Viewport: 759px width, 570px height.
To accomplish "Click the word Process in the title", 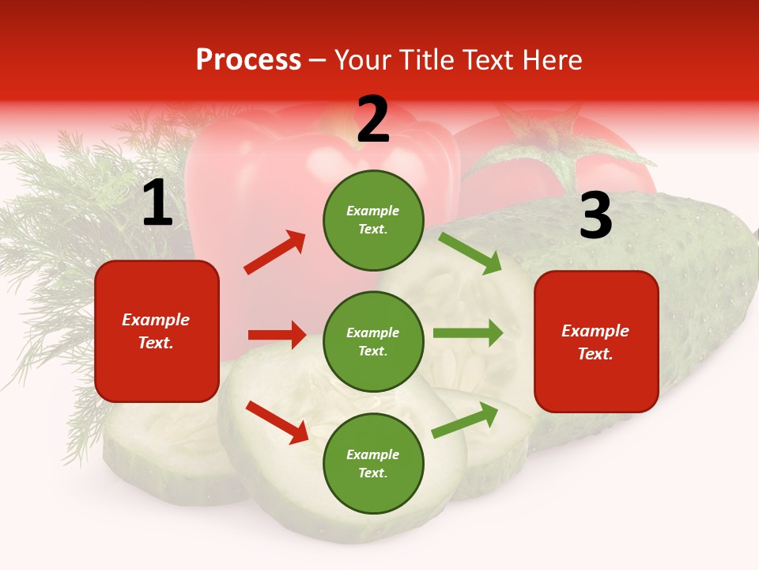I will (x=248, y=60).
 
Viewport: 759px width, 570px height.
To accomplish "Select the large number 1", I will (x=157, y=203).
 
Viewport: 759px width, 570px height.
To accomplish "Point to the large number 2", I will (x=373, y=120).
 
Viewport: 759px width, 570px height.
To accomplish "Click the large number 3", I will (x=595, y=216).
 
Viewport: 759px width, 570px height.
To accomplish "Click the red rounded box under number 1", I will (x=157, y=331).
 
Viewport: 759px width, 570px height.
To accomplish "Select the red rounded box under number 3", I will (x=596, y=341).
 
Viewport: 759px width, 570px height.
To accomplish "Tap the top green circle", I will (x=373, y=220).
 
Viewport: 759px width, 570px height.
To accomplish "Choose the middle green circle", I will (x=373, y=341).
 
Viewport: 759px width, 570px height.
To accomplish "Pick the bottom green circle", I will (x=373, y=463).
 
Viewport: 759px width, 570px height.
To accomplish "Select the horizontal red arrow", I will (x=277, y=335).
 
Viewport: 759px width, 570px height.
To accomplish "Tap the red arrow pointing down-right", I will (x=278, y=422).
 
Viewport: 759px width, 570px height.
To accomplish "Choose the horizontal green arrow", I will (x=468, y=332).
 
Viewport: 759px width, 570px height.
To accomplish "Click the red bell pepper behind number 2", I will (x=261, y=182).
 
